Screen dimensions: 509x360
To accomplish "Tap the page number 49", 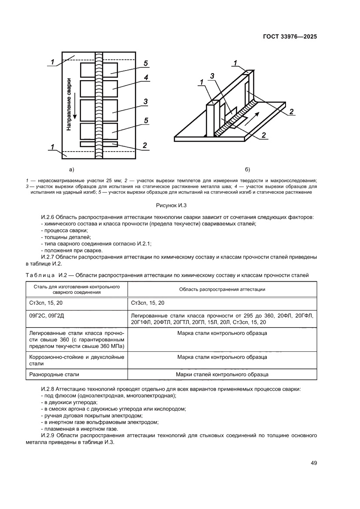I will click(x=313, y=463).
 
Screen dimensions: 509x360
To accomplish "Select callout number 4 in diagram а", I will click(x=146, y=78).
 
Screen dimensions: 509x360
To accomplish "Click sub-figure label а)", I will click(x=72, y=169).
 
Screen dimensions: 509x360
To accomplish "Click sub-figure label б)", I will click(x=248, y=169).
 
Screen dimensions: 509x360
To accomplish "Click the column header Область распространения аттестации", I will click(x=222, y=289).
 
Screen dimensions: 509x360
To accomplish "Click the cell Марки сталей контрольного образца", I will click(x=222, y=374).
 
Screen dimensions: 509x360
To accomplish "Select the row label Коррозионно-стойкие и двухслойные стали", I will click(x=76, y=360).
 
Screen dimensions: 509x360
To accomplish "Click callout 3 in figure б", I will click(x=212, y=76).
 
